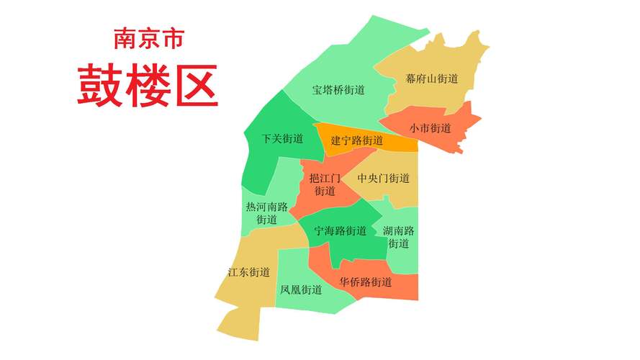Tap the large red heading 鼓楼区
(148, 86)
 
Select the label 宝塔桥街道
(338, 91)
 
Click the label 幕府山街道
(432, 79)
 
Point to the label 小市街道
(431, 129)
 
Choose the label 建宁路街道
(357, 140)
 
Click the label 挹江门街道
(325, 184)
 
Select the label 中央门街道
(384, 179)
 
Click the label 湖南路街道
(399, 237)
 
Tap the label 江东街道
(248, 272)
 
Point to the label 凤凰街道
(301, 290)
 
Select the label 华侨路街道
(366, 282)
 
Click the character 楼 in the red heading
(148, 86)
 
